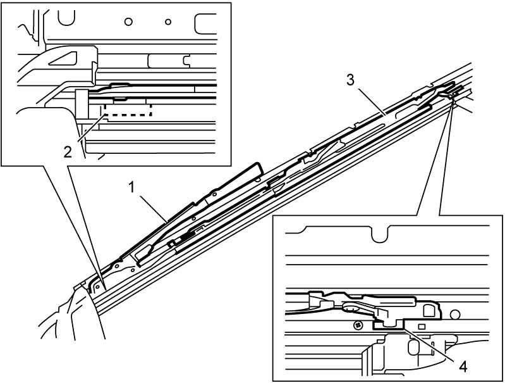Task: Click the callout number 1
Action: pyautogui.click(x=131, y=187)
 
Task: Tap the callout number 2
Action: pyautogui.click(x=68, y=152)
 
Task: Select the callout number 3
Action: pyautogui.click(x=350, y=80)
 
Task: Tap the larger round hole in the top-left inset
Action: pyautogui.click(x=128, y=22)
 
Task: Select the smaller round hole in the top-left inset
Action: pyautogui.click(x=167, y=22)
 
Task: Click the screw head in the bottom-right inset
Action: pyautogui.click(x=357, y=325)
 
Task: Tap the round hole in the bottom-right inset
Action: pyautogui.click(x=454, y=314)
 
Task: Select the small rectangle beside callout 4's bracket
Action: pyautogui.click(x=422, y=327)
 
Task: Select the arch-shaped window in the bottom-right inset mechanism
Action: pyautogui.click(x=429, y=310)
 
